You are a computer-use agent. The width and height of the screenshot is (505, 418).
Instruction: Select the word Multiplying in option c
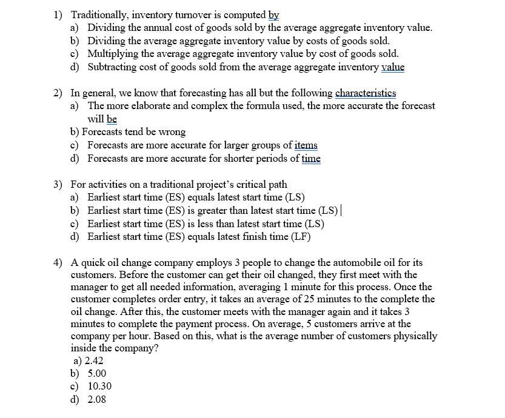pyautogui.click(x=113, y=53)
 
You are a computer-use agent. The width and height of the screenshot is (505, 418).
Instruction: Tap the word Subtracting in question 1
pyautogui.click(x=112, y=67)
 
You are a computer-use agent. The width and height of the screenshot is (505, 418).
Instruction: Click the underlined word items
pyautogui.click(x=306, y=145)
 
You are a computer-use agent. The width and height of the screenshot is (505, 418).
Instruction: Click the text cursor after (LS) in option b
pyautogui.click(x=341, y=210)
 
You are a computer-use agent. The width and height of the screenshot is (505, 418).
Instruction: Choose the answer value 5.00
pyautogui.click(x=97, y=373)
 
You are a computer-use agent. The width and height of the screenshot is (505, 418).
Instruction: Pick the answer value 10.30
pyautogui.click(x=99, y=386)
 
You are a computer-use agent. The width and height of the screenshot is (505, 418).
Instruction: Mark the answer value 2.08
pyautogui.click(x=97, y=399)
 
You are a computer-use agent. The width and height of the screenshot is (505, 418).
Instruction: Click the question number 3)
pyautogui.click(x=58, y=184)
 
